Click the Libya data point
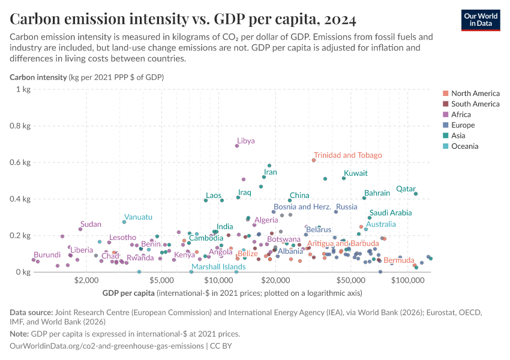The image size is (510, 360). (x=237, y=146)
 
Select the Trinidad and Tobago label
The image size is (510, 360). (x=347, y=155)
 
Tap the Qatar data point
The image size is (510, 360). (x=415, y=194)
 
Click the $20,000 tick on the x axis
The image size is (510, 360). (x=275, y=280)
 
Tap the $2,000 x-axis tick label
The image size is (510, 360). (x=87, y=280)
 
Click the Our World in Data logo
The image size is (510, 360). (x=481, y=20)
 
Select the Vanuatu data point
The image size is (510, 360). (x=124, y=222)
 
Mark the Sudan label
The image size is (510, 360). (x=91, y=224)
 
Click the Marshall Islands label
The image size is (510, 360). (x=218, y=267)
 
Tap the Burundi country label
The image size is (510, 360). (x=47, y=255)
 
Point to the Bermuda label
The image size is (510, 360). (x=398, y=260)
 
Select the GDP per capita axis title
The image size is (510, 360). (x=128, y=293)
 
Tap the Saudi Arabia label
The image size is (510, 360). (x=391, y=213)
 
